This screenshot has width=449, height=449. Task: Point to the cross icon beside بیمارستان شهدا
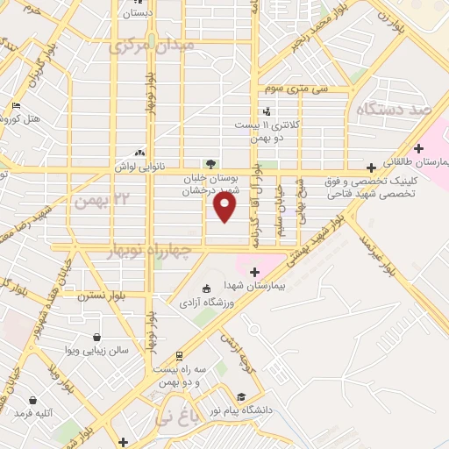pos(255,273)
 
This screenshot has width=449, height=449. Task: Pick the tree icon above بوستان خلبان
pos(210,163)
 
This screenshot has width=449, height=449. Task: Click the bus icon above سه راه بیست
pos(179,356)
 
